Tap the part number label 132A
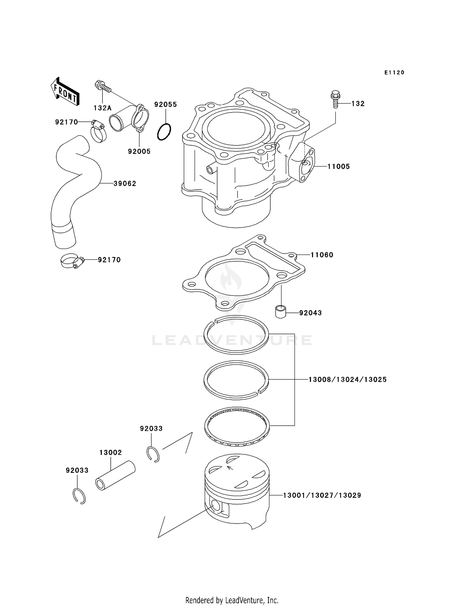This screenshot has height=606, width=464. tap(102, 108)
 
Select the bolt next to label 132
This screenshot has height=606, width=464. tap(335, 99)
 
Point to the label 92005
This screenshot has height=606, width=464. tap(139, 151)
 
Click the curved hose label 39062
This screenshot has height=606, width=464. tap(125, 183)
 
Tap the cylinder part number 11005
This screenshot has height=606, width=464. tap(338, 166)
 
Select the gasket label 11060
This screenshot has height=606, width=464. tap(322, 255)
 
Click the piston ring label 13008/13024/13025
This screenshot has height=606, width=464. tap(347, 379)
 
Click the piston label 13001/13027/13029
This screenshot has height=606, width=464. tap(322, 495)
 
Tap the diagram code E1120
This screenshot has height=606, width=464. tap(394, 73)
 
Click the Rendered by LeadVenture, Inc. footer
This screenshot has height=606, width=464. tap(232, 600)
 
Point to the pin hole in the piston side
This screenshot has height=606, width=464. tap(216, 506)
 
